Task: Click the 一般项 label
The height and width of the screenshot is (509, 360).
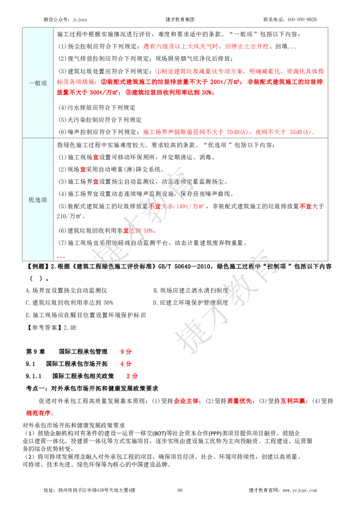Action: [38, 83]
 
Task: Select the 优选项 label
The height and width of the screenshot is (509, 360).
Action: [38, 200]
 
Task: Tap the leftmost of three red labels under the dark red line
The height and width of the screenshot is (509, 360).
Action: [185, 401]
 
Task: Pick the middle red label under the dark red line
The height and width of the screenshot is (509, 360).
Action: [239, 401]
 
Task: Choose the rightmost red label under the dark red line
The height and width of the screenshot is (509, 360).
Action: [293, 401]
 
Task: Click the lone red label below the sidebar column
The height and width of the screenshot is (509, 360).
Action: [38, 413]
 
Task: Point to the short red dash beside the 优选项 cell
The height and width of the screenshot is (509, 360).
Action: [60, 257]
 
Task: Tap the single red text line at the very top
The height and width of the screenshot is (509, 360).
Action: [206, 46]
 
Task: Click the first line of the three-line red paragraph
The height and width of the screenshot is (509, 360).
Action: [239, 71]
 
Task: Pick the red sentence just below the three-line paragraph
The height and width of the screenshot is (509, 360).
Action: [229, 132]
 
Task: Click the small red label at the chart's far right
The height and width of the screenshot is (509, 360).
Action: [306, 206]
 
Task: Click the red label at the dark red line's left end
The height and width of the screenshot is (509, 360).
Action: [132, 375]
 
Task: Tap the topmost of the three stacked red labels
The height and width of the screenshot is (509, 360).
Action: [126, 352]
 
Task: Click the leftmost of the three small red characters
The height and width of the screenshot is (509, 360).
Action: [83, 169]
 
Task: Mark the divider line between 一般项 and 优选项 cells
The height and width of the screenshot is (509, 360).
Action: [38, 138]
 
